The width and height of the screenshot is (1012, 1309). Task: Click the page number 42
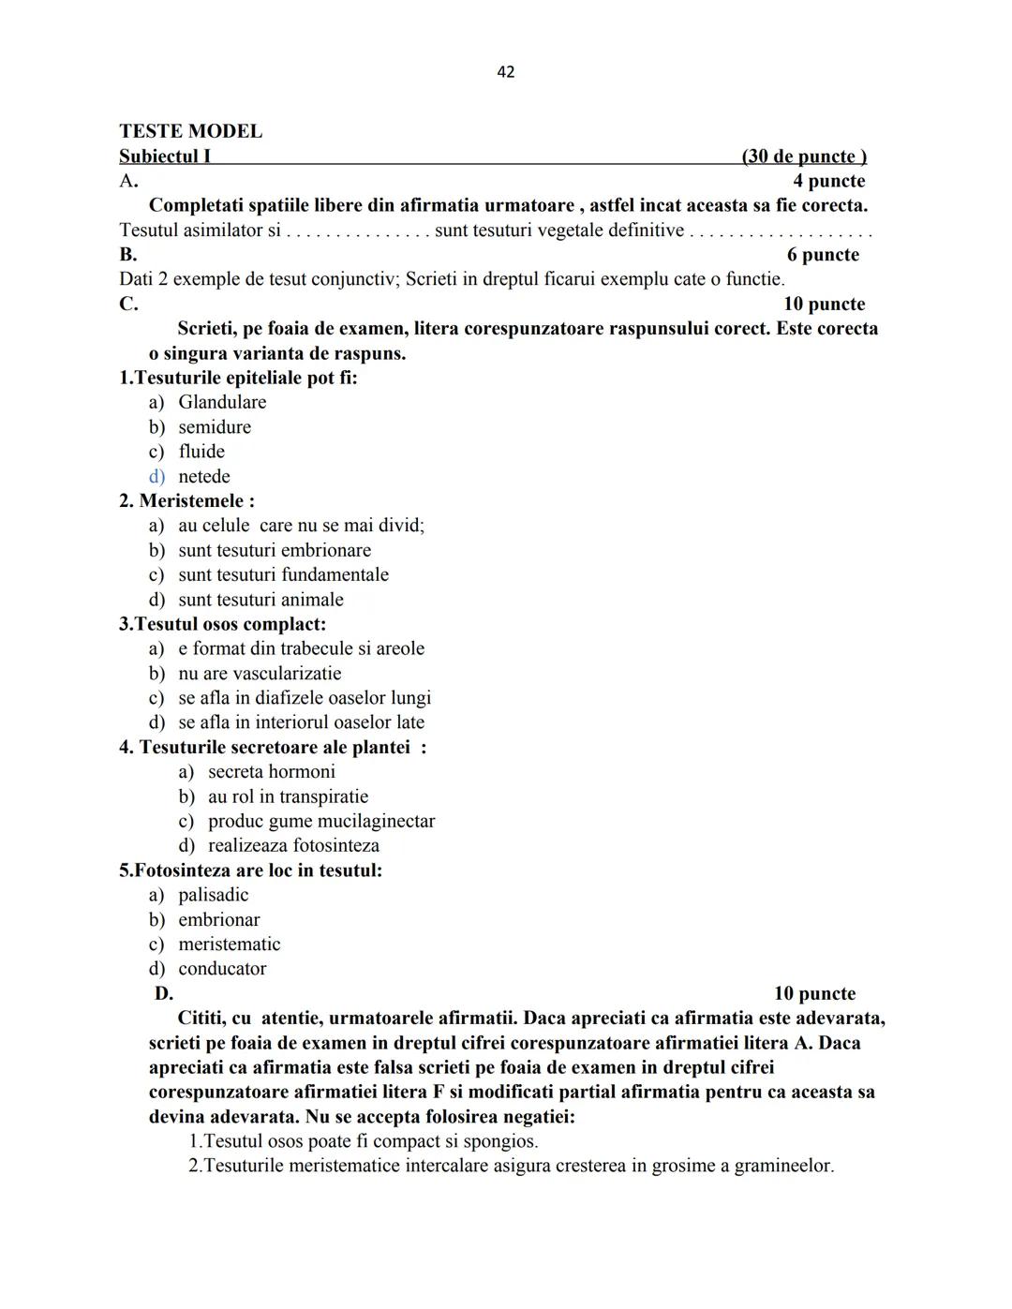tap(505, 72)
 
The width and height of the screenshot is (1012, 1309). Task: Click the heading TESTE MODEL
tap(190, 131)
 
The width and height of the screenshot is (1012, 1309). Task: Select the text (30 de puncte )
tap(803, 156)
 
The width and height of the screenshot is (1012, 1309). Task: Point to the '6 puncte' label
tap(823, 255)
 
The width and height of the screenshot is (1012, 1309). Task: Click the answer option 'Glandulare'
tap(222, 402)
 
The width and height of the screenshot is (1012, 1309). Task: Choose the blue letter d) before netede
tap(156, 476)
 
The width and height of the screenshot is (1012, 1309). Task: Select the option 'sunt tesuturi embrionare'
tap(275, 550)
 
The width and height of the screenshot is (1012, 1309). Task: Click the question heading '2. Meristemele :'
tap(186, 500)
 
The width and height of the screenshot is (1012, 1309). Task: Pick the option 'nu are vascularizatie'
tap(260, 673)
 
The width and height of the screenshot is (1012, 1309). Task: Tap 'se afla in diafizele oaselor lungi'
tap(305, 698)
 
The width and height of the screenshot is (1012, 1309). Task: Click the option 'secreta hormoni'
tap(272, 772)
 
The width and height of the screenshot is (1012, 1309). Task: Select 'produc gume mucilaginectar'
tap(321, 821)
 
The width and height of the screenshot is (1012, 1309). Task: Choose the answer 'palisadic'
tap(214, 895)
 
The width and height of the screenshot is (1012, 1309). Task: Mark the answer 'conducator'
tap(222, 969)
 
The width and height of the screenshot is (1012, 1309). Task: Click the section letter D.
tap(164, 993)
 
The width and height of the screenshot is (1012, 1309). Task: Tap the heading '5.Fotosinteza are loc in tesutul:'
tap(250, 870)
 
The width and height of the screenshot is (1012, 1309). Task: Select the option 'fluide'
tap(201, 452)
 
